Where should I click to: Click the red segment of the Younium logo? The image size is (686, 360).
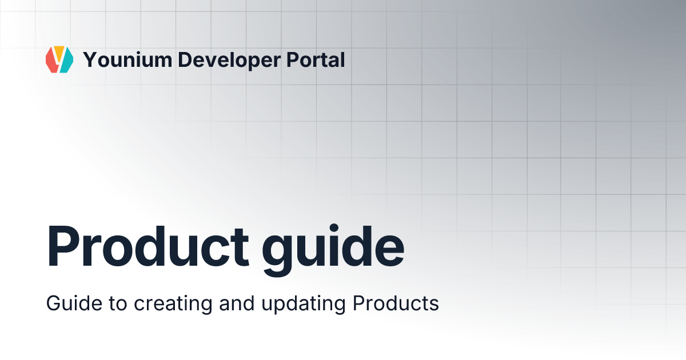coord(51,62)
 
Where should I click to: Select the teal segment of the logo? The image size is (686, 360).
coord(66,61)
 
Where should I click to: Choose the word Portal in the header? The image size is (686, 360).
coord(320,59)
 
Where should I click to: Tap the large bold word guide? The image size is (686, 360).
coord(333,247)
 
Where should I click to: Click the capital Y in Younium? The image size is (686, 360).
coord(89,59)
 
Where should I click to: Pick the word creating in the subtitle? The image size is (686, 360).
coord(170,304)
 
